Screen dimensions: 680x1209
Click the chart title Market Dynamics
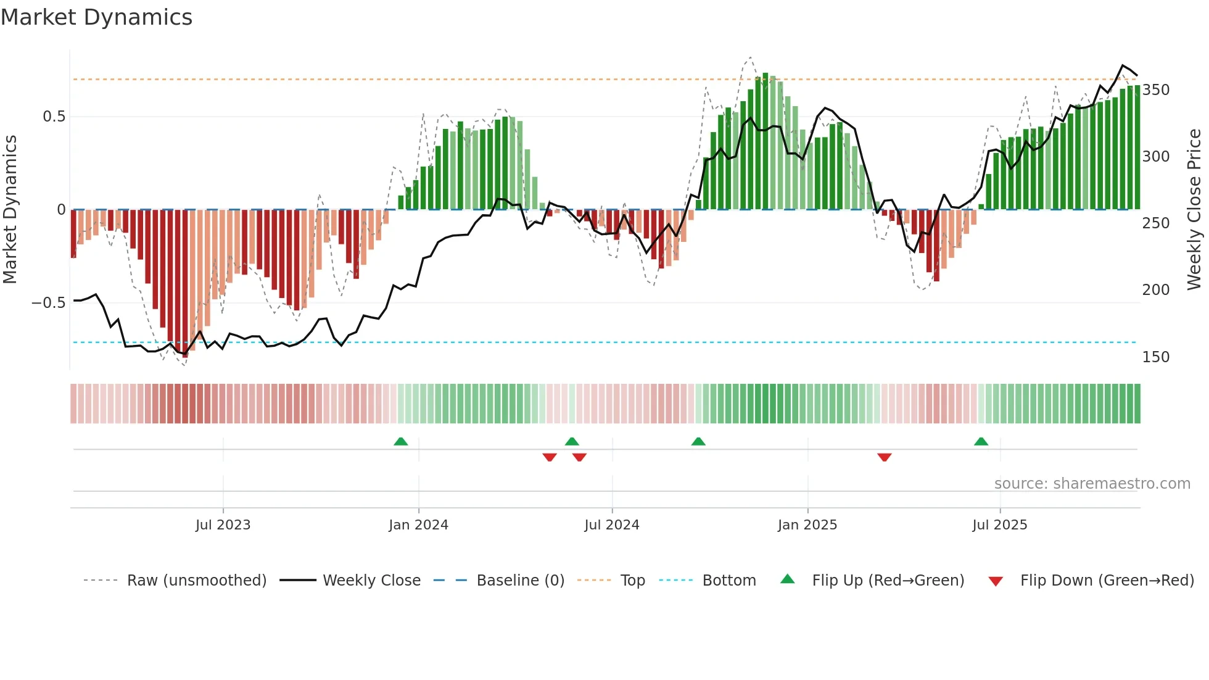coord(96,17)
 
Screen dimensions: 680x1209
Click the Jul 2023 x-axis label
coord(223,525)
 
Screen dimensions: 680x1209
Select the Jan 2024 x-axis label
coord(418,525)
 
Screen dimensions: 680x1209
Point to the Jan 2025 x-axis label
coord(807,525)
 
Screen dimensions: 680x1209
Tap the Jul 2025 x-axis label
coord(999,525)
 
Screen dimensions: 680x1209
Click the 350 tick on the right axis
coord(1155,90)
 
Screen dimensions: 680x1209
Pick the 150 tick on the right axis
coord(1155,357)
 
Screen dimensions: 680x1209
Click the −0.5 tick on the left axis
coord(49,303)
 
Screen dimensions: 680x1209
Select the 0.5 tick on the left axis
coord(54,117)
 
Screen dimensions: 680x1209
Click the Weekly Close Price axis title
coord(1194,209)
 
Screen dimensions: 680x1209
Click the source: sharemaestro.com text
coord(1092,484)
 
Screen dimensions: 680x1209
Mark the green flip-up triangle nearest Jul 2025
coord(981,442)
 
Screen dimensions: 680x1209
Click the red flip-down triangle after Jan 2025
coord(884,457)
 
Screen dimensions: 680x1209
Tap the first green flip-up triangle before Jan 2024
coord(400,442)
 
